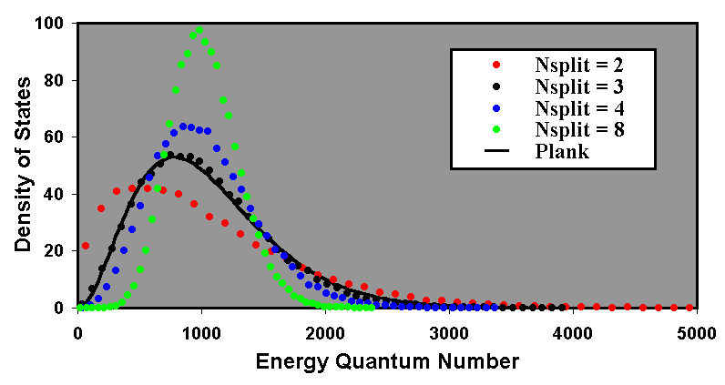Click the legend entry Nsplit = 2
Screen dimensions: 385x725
click(x=578, y=66)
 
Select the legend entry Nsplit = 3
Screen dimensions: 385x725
click(x=578, y=87)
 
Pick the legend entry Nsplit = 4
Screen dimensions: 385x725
click(x=578, y=109)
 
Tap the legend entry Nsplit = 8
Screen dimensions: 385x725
click(x=578, y=131)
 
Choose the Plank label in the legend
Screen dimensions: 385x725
click(x=561, y=152)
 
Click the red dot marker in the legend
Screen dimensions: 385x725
click(x=495, y=66)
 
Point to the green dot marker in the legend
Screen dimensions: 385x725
click(x=495, y=131)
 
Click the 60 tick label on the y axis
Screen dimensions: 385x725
click(x=59, y=137)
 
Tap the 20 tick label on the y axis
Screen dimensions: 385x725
click(x=59, y=251)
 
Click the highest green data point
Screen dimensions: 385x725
click(x=199, y=30)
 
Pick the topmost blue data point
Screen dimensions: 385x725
click(x=183, y=127)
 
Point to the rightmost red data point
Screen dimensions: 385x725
click(x=689, y=308)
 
